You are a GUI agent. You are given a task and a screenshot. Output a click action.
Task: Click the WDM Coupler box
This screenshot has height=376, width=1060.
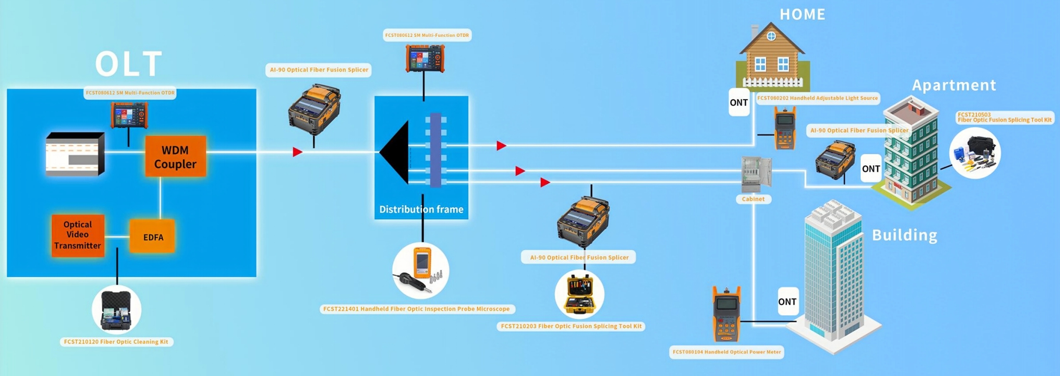click(x=175, y=157)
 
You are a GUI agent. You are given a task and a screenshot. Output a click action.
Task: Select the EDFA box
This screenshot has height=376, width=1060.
click(x=153, y=237)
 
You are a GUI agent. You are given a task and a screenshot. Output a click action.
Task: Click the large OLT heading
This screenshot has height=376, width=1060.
click(x=128, y=64)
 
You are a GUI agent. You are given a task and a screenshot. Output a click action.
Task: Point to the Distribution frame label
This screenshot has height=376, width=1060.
click(x=421, y=209)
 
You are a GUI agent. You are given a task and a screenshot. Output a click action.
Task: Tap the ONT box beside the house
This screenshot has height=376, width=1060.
click(x=739, y=102)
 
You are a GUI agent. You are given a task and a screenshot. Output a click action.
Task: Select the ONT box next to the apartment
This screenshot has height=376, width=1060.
click(x=871, y=169)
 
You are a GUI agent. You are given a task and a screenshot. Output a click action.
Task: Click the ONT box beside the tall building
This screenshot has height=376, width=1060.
click(x=787, y=301)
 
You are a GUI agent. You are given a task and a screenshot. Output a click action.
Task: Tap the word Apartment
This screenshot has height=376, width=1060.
click(x=954, y=85)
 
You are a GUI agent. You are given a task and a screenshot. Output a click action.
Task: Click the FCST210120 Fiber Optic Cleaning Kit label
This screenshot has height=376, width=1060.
click(x=116, y=342)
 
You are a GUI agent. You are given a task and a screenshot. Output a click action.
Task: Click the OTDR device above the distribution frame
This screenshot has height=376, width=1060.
click(x=425, y=58)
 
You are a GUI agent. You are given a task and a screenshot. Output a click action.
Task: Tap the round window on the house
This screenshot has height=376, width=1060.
click(x=772, y=36)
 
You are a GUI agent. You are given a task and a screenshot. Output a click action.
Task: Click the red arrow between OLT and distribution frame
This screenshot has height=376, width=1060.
click(x=297, y=152)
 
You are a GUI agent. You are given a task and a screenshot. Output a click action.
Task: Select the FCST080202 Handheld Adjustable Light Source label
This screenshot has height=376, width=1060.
click(x=817, y=98)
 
